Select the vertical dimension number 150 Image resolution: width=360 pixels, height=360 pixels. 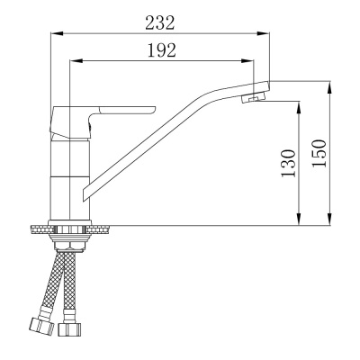[318, 154]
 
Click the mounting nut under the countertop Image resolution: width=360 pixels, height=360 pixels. [70, 239]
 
